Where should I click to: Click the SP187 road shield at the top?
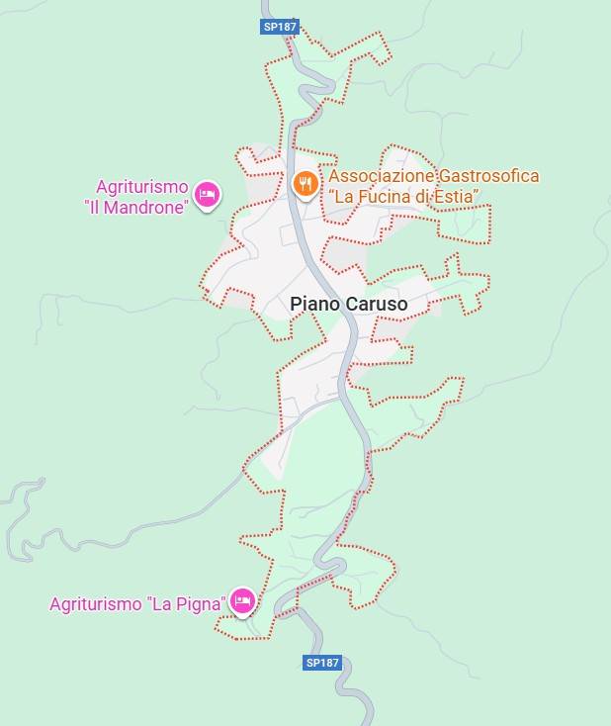(x=280, y=28)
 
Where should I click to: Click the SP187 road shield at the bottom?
(x=322, y=662)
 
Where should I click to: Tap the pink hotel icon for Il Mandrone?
(x=207, y=195)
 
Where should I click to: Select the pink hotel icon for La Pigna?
(x=242, y=600)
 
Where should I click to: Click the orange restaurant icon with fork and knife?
(x=305, y=182)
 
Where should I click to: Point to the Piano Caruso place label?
(x=348, y=305)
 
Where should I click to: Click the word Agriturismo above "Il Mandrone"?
(x=141, y=187)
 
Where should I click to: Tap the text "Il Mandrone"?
(x=136, y=208)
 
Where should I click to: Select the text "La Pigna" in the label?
(x=187, y=603)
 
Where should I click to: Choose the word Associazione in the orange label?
(x=382, y=176)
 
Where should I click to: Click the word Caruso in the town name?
(x=376, y=305)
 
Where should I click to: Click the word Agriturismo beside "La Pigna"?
(x=96, y=603)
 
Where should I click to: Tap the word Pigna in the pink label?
(x=202, y=603)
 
